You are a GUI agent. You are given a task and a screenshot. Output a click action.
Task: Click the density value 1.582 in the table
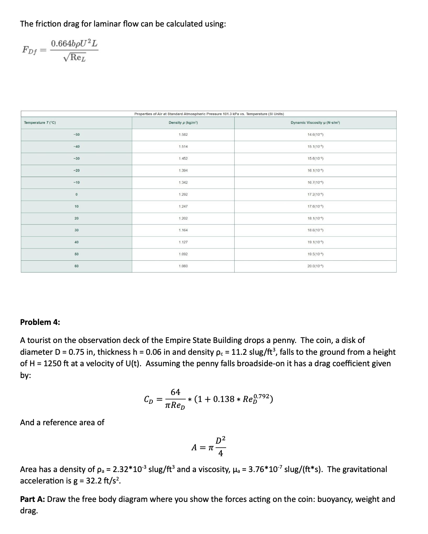tap(183, 135)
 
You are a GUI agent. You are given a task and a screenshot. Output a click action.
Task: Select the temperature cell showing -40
tap(76, 146)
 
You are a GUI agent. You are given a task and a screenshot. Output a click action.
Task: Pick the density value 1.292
tap(183, 194)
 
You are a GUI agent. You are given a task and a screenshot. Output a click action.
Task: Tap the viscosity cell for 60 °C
tap(315, 266)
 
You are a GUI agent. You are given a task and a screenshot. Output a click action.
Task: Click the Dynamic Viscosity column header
tap(315, 122)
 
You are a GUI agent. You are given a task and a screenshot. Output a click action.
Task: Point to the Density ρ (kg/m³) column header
tap(183, 122)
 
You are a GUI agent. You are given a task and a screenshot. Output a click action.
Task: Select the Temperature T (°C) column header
tap(40, 122)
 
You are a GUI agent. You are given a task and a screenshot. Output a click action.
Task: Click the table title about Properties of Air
tap(209, 114)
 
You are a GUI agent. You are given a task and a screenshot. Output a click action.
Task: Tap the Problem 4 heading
tap(40, 322)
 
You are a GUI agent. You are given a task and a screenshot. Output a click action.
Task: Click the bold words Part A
tap(32, 499)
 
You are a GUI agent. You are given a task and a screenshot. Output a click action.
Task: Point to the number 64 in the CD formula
tap(175, 392)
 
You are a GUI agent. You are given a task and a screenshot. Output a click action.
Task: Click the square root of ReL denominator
tap(74, 58)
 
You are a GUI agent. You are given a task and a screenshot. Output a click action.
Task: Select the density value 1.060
tap(183, 266)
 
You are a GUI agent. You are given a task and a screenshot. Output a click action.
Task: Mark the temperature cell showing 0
tap(76, 194)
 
